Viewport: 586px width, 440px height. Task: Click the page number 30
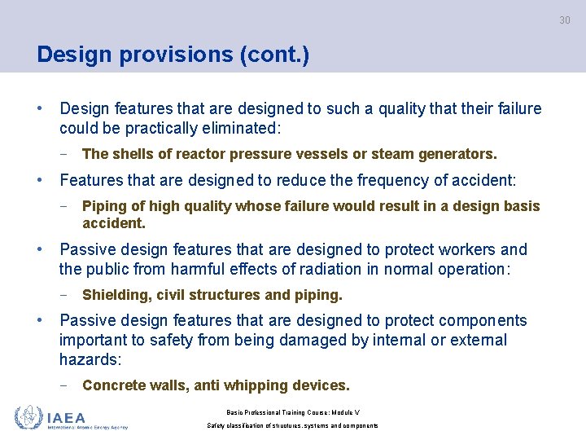[x=564, y=20]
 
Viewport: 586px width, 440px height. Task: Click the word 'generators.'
[x=456, y=154]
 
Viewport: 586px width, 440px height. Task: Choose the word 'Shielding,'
[x=116, y=295]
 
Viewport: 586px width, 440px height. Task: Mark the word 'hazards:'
[x=90, y=359]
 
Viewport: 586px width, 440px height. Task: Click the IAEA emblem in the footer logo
[x=28, y=417]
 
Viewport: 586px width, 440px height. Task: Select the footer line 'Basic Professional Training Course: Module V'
[x=292, y=411]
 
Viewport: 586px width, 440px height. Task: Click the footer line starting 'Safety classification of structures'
[x=292, y=426]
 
